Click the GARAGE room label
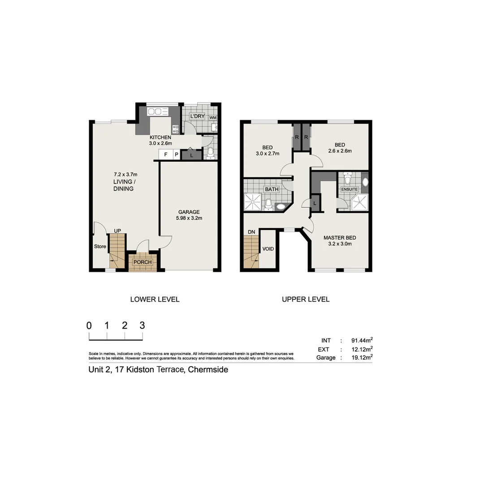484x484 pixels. coord(189,212)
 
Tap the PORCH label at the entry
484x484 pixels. coord(143,262)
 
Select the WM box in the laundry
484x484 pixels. coord(213,117)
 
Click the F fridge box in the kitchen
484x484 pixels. coord(166,155)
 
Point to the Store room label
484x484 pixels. coord(100,246)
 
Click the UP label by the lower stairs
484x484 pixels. coord(117,231)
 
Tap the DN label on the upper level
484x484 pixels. coord(251,231)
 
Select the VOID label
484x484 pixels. coord(268,249)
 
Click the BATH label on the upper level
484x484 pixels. coord(272,189)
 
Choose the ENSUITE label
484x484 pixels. coord(350,189)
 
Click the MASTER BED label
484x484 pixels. coord(340,238)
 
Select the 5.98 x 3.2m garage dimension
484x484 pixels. coord(189,219)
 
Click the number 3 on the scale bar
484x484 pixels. coord(142,326)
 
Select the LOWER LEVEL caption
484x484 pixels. coord(155,299)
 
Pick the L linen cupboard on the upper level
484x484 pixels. coord(315,203)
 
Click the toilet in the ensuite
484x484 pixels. coord(347,179)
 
